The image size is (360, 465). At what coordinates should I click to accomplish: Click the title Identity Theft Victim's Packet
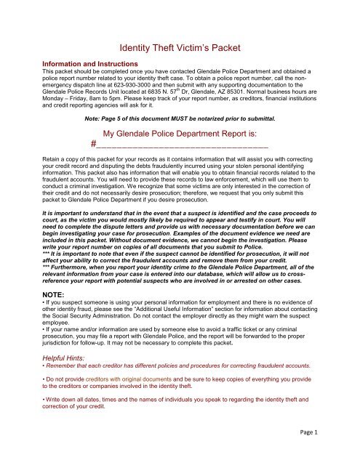[x=180, y=49]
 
